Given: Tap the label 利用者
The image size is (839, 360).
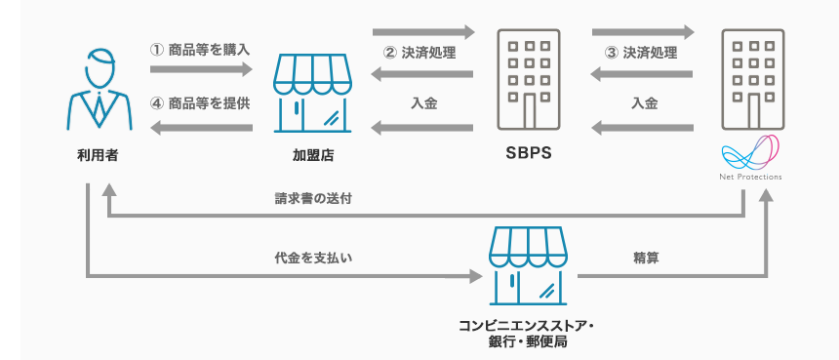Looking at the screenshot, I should pyautogui.click(x=98, y=155).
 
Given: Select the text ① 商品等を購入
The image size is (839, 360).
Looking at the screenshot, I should pyautogui.click(x=201, y=50).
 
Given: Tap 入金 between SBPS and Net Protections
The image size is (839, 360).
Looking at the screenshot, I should pyautogui.click(x=644, y=102).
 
